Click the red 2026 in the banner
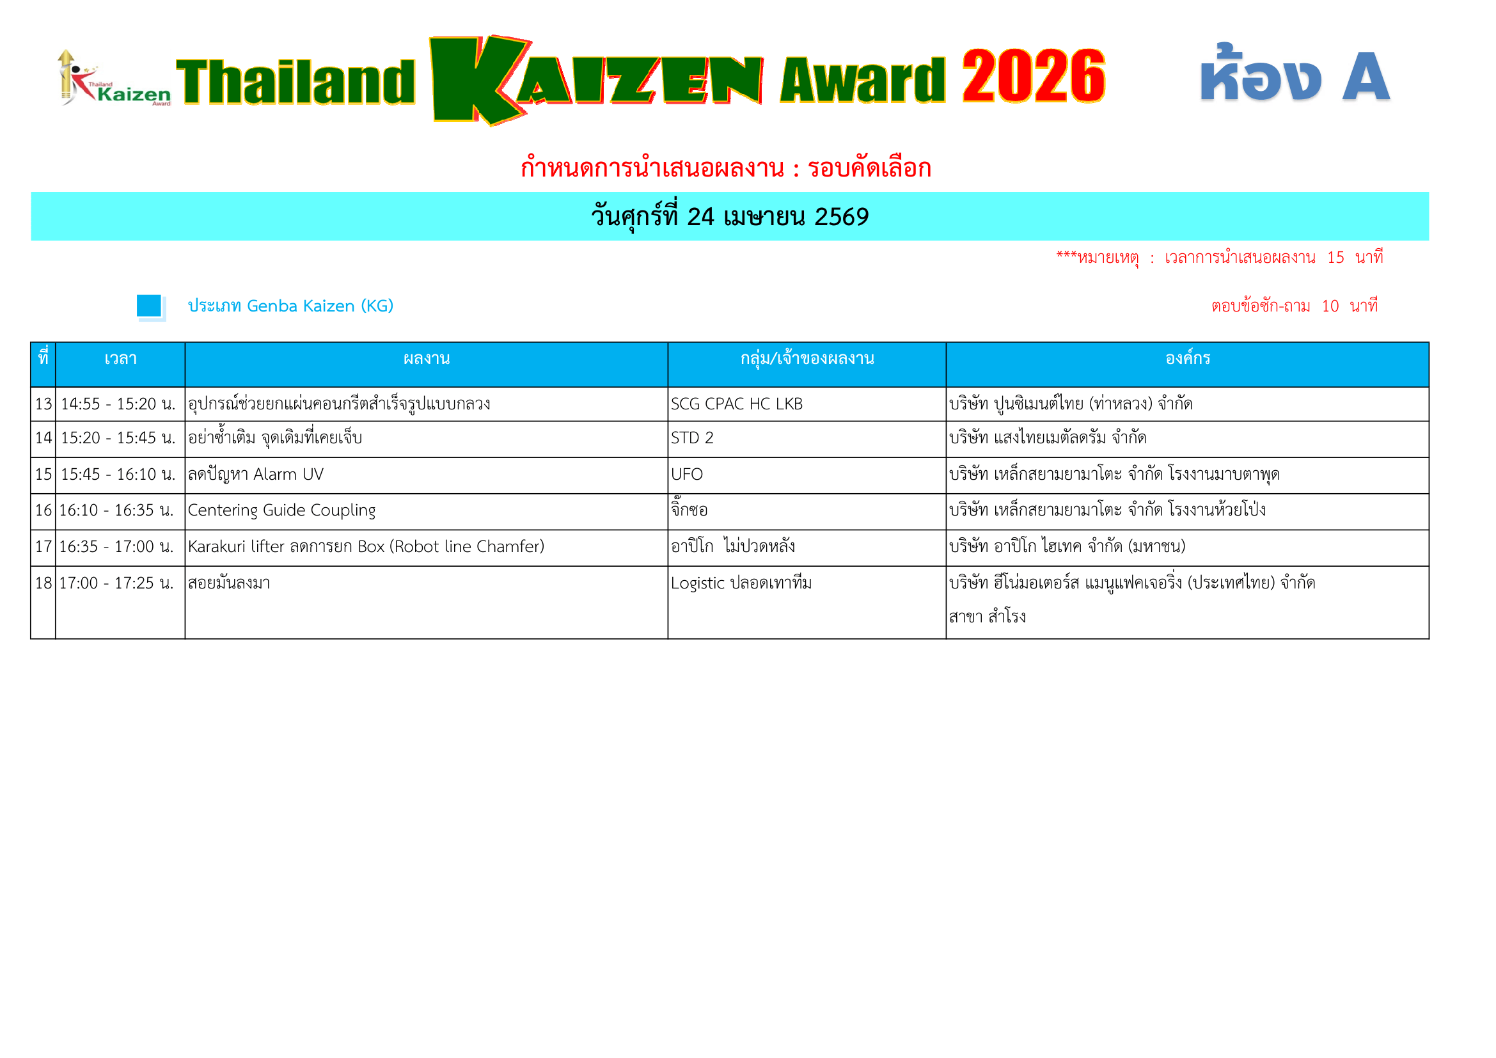[1033, 77]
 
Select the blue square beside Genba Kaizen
[149, 306]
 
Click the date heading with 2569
[730, 217]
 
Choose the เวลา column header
[120, 359]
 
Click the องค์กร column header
[1187, 359]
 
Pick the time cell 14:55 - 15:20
[118, 404]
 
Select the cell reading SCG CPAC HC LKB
[736, 404]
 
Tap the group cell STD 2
[692, 438]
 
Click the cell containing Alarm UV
[255, 475]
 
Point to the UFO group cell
[687, 475]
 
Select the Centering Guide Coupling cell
[281, 510]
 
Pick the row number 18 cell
[43, 584]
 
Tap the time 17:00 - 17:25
[116, 584]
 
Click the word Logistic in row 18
[697, 584]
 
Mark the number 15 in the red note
[1335, 258]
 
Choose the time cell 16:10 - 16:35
[116, 510]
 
